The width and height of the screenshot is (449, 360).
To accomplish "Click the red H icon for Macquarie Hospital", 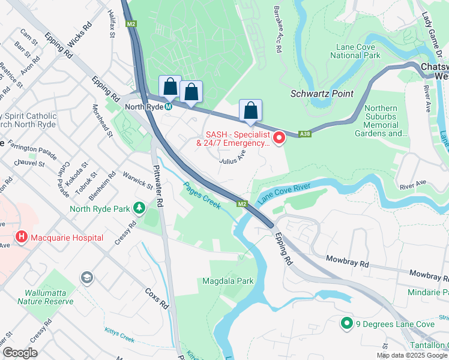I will click(x=22, y=238).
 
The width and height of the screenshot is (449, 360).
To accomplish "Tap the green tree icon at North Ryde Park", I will click(x=139, y=208).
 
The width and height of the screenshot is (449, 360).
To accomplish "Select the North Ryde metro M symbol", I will click(x=169, y=107).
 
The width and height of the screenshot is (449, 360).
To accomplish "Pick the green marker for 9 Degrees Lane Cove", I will click(x=346, y=324).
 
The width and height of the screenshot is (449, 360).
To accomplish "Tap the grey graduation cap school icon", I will click(x=86, y=278).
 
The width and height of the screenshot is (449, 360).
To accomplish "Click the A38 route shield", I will click(x=306, y=134).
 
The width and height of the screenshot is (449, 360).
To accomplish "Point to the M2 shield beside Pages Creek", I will click(x=241, y=204).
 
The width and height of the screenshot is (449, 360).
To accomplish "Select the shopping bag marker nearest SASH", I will click(x=250, y=111).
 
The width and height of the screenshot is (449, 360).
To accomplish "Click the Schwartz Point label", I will click(x=322, y=94).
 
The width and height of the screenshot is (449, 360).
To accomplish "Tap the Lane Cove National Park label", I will click(x=355, y=51).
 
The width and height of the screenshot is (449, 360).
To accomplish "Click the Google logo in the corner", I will click(x=20, y=353).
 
